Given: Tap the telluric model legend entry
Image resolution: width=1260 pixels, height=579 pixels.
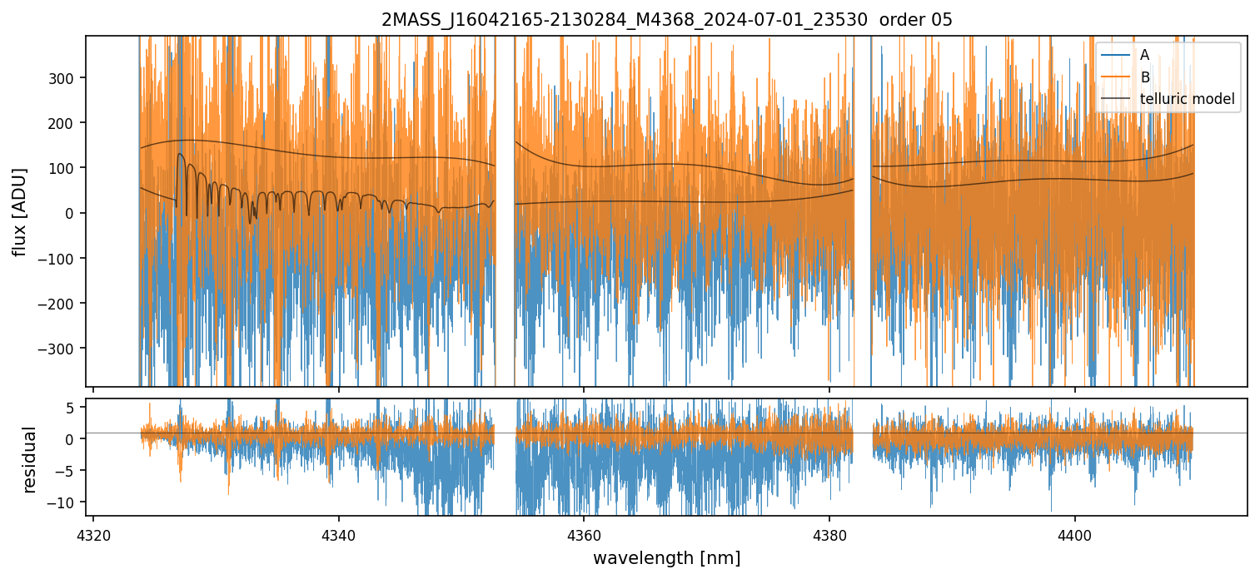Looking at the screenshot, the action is click(x=1168, y=99).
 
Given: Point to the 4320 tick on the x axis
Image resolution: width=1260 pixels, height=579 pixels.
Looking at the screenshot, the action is click(x=93, y=536).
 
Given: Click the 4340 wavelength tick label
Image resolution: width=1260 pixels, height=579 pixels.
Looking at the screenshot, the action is click(x=339, y=536).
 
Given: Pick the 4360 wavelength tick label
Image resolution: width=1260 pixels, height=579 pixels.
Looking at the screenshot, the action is click(x=584, y=536).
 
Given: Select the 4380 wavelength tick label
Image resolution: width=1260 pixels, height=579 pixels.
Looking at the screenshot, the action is click(x=829, y=536).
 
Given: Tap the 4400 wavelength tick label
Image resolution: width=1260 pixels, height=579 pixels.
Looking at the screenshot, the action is click(x=1075, y=536).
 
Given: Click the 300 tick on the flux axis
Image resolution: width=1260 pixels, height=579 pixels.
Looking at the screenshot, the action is click(x=62, y=78).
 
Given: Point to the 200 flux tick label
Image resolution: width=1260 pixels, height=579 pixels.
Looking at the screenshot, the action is click(x=62, y=123).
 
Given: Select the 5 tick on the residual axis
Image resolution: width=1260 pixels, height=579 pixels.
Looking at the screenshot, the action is click(x=70, y=408).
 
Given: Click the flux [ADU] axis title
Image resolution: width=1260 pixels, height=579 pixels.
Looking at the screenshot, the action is click(x=20, y=212).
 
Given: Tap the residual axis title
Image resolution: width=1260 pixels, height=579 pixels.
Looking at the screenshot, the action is click(x=29, y=460).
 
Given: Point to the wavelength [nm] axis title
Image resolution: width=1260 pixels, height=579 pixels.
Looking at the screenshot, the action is click(x=666, y=558).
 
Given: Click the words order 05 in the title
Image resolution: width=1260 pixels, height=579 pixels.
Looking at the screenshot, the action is click(x=916, y=20).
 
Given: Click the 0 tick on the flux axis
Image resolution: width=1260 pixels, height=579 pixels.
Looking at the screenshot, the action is click(x=70, y=214).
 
